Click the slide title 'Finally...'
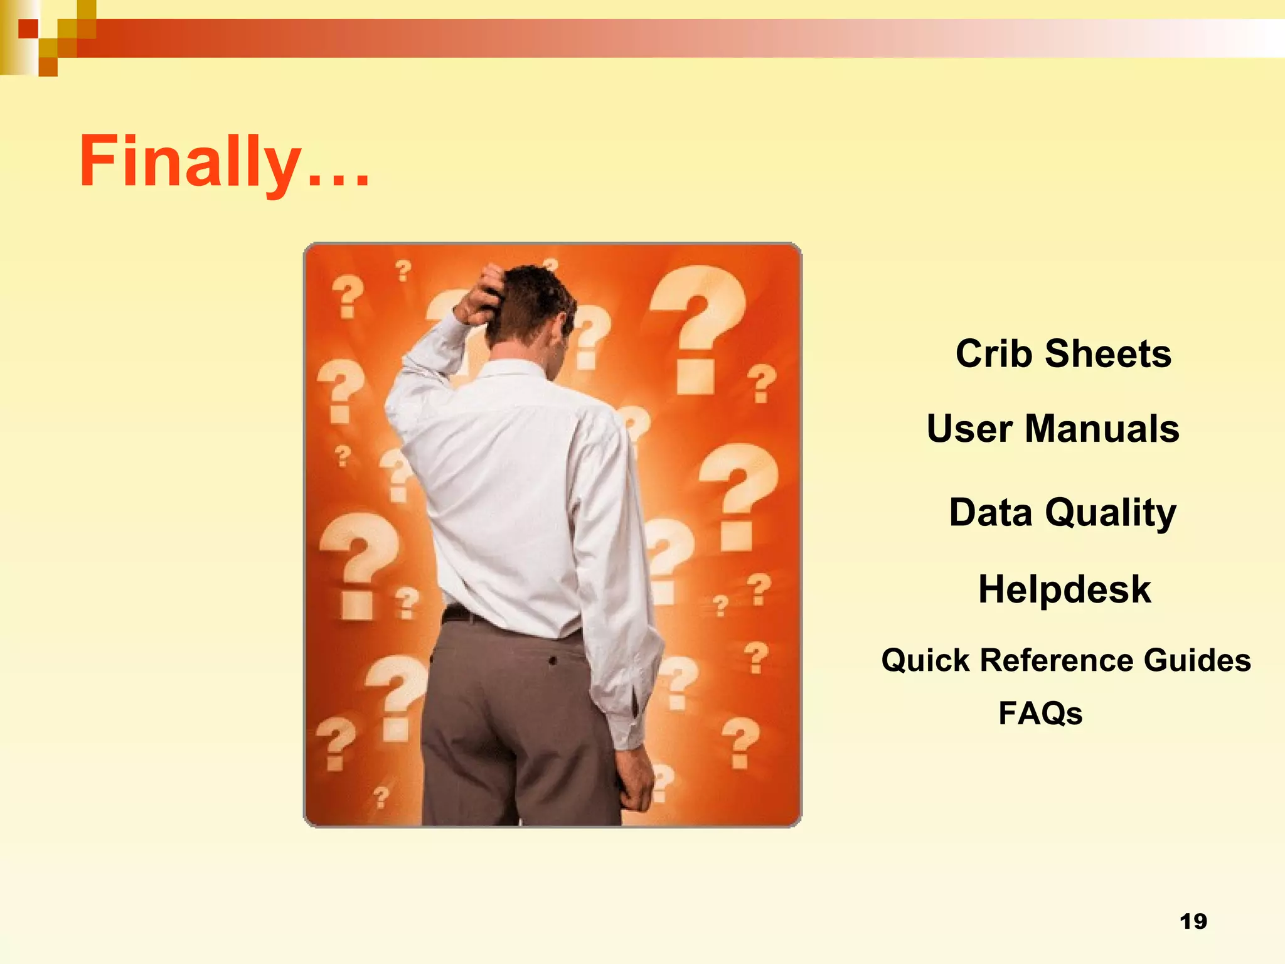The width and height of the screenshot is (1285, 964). coord(224,162)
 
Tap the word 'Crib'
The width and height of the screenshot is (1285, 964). coord(994,353)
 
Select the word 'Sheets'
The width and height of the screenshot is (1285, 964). coord(1108,353)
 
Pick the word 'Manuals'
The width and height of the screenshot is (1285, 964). coord(1102,429)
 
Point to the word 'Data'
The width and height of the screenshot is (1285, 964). coord(990,512)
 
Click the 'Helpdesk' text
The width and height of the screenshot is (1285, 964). coord(1064,589)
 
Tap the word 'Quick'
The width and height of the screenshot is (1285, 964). coord(925,660)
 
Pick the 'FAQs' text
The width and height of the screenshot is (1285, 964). coord(1040,714)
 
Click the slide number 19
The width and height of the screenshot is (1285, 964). coord(1193,921)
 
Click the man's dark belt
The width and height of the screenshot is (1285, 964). coord(464,614)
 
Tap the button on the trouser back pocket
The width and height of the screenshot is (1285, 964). coord(553,661)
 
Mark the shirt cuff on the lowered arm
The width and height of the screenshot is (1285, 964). coord(631,722)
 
